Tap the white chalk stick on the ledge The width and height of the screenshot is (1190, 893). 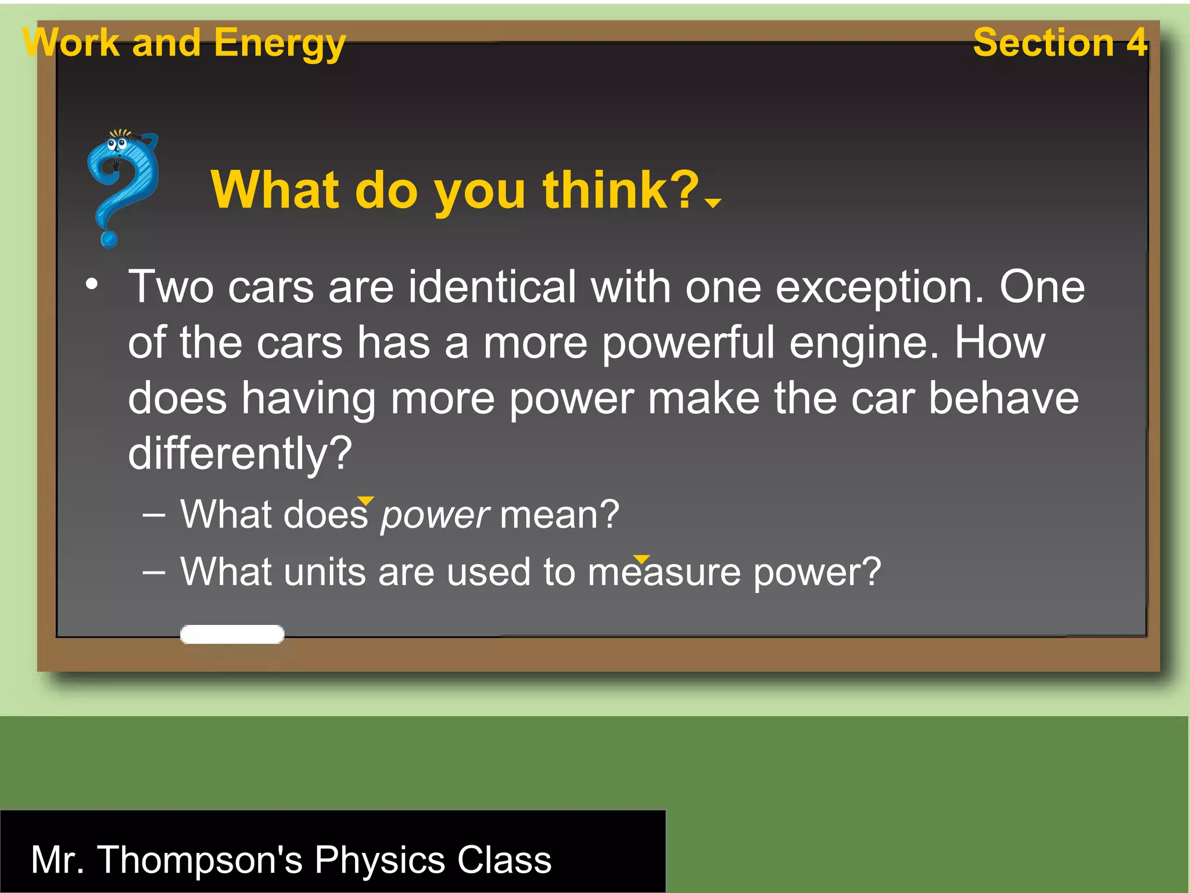pos(232,634)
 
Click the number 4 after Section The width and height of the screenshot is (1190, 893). pos(1136,42)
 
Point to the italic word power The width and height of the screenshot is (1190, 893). pos(435,516)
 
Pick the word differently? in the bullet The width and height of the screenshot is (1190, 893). pos(240,454)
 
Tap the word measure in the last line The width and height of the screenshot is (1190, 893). pos(664,572)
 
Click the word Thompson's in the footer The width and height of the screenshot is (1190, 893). pos(200,860)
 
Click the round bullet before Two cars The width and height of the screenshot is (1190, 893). pos(92,285)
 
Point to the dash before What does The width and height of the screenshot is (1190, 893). pos(154,515)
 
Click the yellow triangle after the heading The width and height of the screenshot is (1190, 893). pos(712,202)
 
